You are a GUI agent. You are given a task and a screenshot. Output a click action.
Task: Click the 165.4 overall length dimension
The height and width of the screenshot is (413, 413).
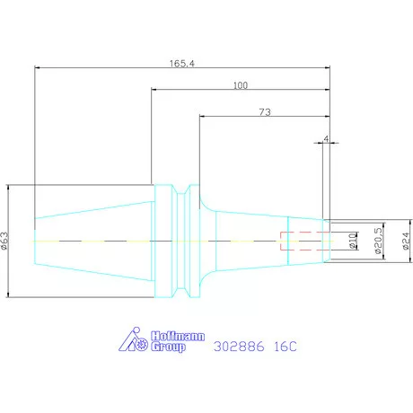coord(182,64)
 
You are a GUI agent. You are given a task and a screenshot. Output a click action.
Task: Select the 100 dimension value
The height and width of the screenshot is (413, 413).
coord(241,85)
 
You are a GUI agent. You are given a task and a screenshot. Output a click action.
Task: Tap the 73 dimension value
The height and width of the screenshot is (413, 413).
coord(265,112)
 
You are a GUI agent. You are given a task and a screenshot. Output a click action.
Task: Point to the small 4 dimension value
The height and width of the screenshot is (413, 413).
coord(326,139)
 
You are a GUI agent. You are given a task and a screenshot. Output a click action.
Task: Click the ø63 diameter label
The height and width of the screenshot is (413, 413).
coord(5,241)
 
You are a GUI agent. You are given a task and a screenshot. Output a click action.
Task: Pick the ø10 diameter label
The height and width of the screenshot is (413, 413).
coord(354,242)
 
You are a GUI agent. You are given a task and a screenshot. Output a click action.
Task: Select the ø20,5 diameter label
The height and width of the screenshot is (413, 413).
coord(378,241)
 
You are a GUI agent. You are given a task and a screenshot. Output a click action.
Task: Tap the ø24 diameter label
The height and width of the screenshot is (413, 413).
coord(406,242)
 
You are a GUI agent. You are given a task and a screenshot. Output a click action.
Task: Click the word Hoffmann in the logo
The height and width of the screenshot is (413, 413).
coord(178,336)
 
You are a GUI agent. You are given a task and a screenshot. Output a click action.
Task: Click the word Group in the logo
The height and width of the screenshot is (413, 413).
coord(168,347)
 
